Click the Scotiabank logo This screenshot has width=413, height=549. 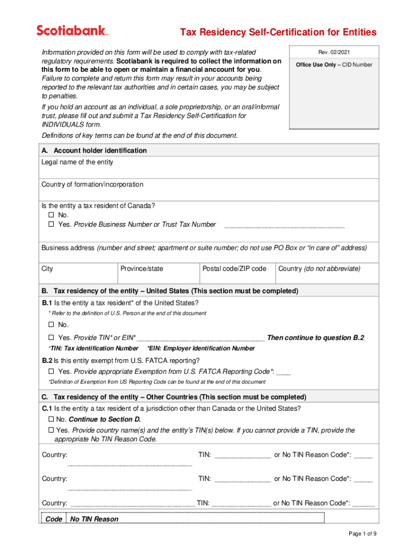[72, 31]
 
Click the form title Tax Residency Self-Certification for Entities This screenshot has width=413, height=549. [278, 33]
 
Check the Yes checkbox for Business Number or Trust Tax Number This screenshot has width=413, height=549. [51, 225]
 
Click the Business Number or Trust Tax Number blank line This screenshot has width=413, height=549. [284, 225]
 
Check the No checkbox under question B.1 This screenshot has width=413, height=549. [51, 325]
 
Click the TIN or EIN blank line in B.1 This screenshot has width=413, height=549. [201, 338]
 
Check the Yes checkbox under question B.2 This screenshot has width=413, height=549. [51, 372]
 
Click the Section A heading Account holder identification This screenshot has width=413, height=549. [100, 151]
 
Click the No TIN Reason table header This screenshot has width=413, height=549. [94, 519]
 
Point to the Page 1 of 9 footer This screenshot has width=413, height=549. [362, 533]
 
